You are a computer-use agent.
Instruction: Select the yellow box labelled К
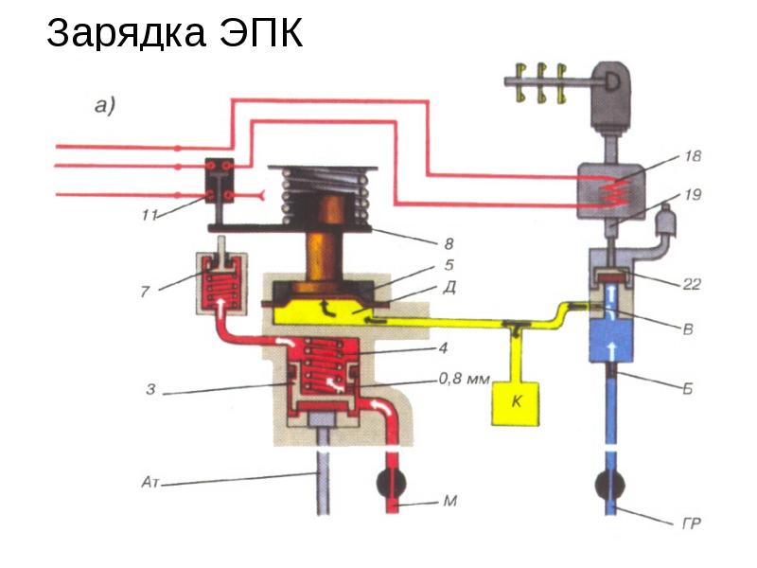(516, 400)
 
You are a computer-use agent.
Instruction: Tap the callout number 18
(693, 156)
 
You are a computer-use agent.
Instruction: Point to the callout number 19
(693, 196)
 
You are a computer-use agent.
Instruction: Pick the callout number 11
(149, 215)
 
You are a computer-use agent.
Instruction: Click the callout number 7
(145, 292)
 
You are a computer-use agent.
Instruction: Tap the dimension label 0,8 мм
(464, 381)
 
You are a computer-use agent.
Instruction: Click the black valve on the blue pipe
(615, 486)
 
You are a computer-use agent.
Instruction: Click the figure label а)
(104, 107)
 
